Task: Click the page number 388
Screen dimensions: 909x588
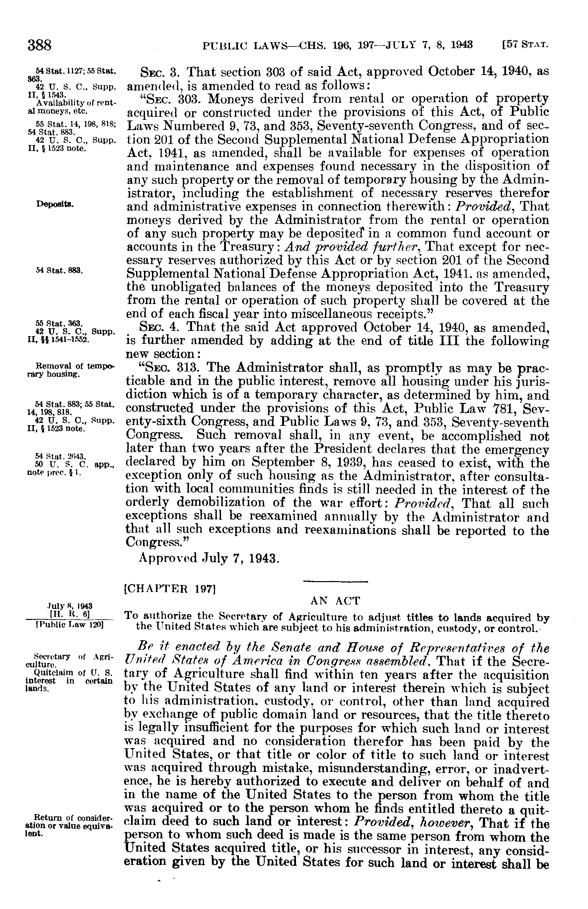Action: point(39,46)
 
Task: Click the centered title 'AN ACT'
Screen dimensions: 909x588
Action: point(335,601)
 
